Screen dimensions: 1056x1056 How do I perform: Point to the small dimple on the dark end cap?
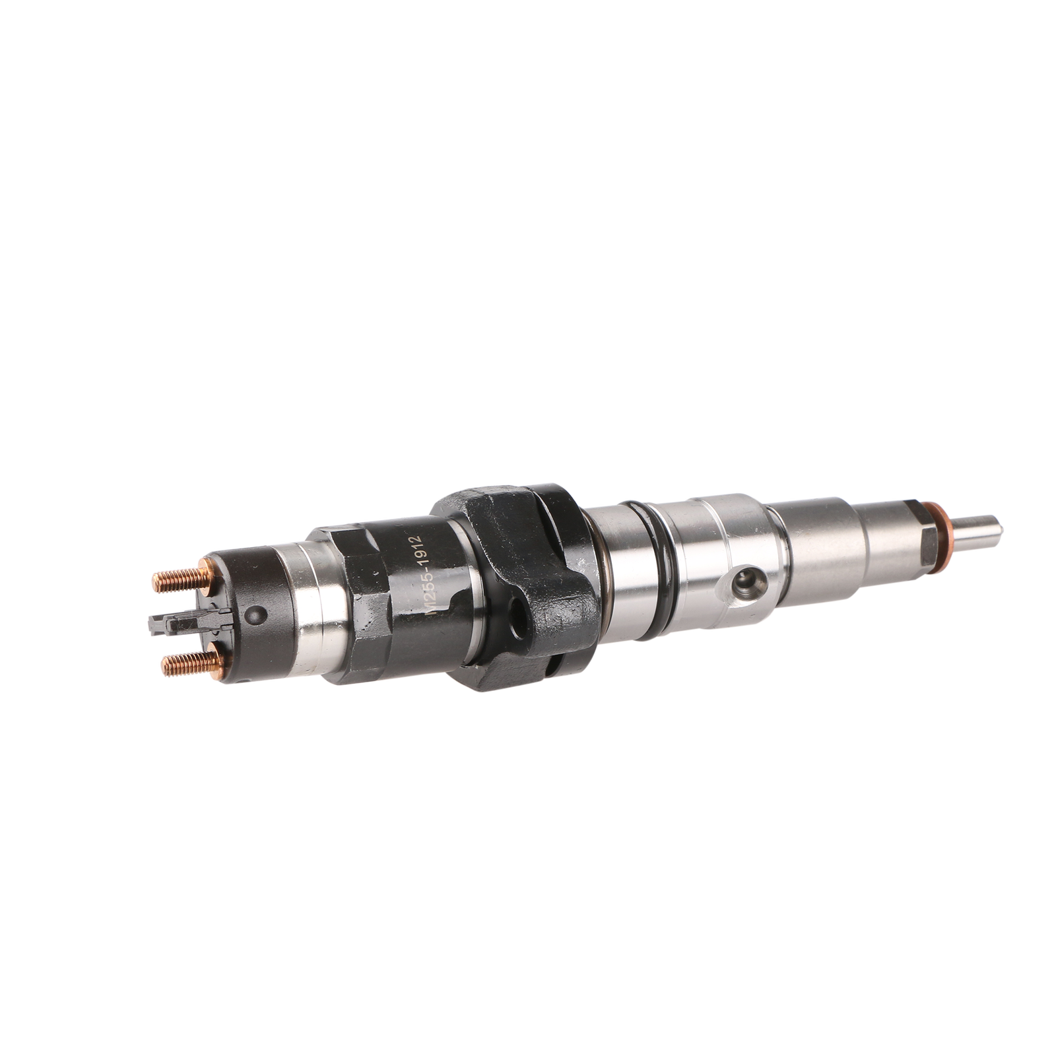coord(250,616)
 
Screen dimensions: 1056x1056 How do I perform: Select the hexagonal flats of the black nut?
coord(370,594)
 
